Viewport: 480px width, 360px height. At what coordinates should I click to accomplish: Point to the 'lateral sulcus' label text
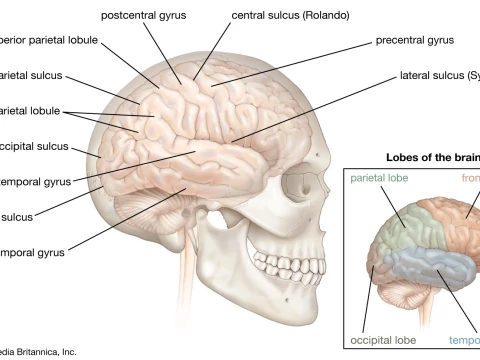click(440, 75)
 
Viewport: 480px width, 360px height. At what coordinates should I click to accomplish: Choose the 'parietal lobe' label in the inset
click(383, 177)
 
